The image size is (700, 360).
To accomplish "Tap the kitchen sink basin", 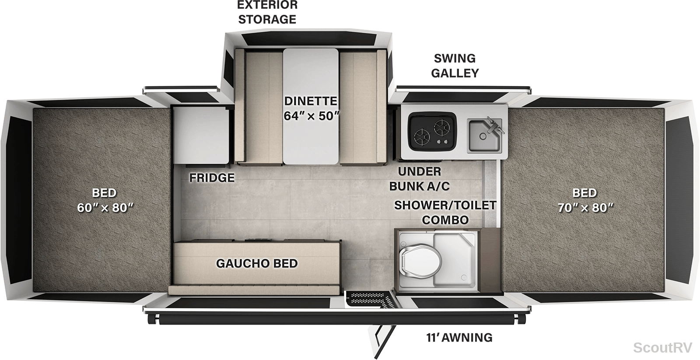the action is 484,136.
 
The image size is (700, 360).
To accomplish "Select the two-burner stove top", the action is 433,132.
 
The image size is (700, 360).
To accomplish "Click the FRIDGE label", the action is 212,178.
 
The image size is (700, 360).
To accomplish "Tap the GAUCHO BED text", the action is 257,263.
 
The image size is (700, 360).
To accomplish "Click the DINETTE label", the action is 311,101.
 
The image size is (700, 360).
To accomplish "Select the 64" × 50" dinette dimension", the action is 311,116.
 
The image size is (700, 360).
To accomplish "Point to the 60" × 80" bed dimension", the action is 105,208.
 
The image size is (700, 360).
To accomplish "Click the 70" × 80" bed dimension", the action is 586,208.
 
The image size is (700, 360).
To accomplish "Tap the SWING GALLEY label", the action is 455,66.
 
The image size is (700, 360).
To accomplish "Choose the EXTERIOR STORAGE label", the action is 267,12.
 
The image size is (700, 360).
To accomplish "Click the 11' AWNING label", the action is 459,338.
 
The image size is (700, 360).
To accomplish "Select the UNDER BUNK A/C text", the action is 420,179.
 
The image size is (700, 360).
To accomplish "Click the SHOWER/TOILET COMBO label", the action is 445,213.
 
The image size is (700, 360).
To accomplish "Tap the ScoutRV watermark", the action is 663,348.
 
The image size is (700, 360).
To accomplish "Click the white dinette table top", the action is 311,106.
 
